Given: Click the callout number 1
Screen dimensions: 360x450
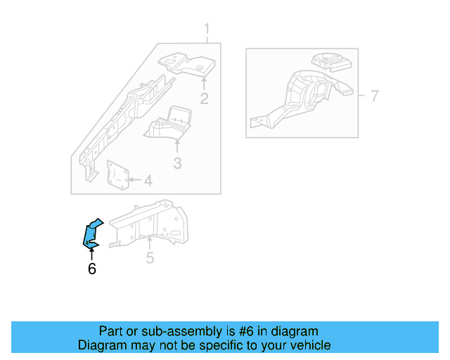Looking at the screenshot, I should pos(207,29).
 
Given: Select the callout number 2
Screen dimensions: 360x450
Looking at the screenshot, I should pos(204,98).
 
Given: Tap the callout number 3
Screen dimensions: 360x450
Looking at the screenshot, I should pos(177,163).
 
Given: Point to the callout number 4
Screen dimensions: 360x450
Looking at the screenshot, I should pos(147,181).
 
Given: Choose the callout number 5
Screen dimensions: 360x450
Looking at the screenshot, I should pos(150,259).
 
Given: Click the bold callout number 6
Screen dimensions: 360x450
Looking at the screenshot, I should pos(91,268).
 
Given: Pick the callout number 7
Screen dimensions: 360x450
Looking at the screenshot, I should pos(374,96).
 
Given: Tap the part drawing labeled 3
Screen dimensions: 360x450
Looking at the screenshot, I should pos(170,124).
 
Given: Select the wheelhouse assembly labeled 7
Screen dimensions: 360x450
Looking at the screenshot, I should pos(302,95).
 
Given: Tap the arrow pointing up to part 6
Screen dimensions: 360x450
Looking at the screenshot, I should pos(91,255).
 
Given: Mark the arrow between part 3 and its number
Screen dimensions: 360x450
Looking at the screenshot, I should pos(177,147).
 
